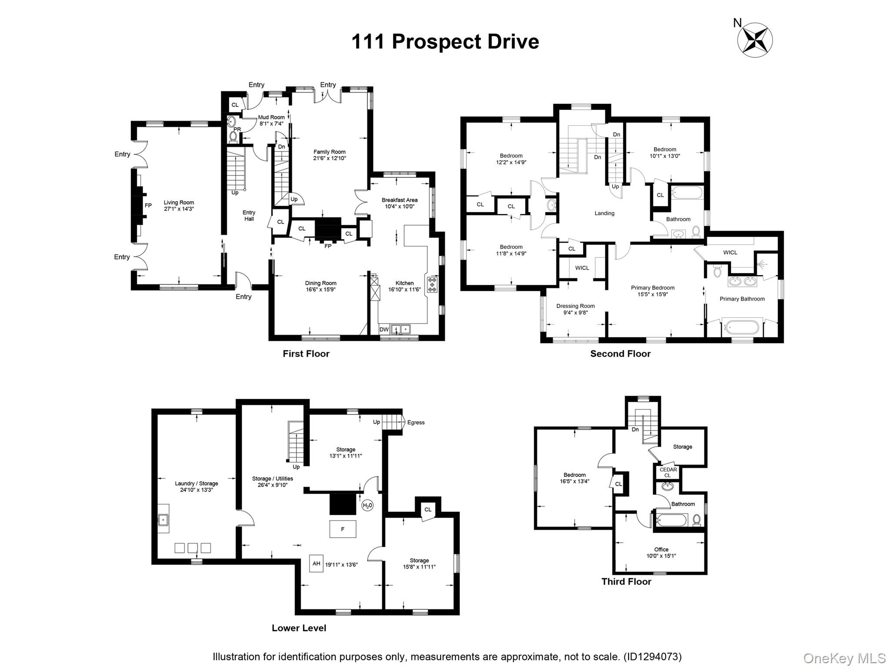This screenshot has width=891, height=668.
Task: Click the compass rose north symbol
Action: (x=755, y=40)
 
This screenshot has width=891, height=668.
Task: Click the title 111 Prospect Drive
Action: (x=445, y=42)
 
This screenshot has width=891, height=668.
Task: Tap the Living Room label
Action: (x=179, y=202)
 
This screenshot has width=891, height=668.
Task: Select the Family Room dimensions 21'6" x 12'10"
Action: (x=329, y=158)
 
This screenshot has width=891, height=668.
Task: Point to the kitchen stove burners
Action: (x=432, y=284)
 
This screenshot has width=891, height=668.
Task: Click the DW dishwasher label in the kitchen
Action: (x=384, y=330)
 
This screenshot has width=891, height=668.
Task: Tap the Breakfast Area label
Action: (x=399, y=200)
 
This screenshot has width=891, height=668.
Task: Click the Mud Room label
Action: (x=271, y=117)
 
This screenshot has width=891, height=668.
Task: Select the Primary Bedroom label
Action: (x=653, y=287)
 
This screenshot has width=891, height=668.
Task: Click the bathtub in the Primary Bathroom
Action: (x=742, y=327)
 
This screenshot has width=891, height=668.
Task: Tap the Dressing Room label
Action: (x=576, y=306)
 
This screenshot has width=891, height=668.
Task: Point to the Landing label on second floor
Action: (x=605, y=213)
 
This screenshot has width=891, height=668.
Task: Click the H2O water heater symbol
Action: (x=368, y=505)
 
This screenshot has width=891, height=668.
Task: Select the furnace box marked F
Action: (x=343, y=529)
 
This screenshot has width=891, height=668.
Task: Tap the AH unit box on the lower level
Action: (x=316, y=563)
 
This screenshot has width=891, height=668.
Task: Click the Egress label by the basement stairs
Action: (x=416, y=422)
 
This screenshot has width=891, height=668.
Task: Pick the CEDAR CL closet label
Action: (x=668, y=472)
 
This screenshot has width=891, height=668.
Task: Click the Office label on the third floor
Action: (x=661, y=549)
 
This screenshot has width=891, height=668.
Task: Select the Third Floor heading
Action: (x=626, y=581)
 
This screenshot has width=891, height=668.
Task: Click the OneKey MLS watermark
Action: (x=844, y=658)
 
